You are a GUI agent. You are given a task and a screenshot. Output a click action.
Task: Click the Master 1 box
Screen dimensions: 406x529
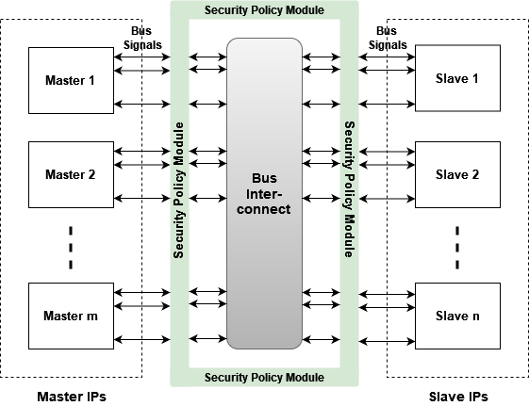click(x=71, y=80)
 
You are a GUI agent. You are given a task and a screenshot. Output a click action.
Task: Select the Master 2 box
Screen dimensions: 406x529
click(x=71, y=174)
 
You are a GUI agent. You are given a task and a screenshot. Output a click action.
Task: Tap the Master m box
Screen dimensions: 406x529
click(x=71, y=316)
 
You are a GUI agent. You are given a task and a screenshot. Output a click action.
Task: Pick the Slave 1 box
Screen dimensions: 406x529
click(x=457, y=79)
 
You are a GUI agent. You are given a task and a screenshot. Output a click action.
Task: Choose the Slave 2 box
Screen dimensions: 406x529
click(x=457, y=174)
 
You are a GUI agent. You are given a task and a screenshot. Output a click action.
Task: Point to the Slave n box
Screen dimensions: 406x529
click(x=457, y=316)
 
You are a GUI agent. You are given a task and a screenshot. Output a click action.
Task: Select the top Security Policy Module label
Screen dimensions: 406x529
click(x=264, y=10)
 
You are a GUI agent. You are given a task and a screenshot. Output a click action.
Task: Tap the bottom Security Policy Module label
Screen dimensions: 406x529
click(x=264, y=378)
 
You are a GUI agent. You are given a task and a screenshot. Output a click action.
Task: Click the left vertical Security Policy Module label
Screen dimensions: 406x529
click(x=179, y=189)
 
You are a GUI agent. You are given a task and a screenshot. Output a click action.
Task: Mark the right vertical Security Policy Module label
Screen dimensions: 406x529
click(x=349, y=189)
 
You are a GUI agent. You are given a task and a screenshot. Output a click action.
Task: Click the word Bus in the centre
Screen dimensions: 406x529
click(x=264, y=178)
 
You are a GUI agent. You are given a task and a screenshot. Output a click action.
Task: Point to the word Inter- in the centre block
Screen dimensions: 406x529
click(x=264, y=194)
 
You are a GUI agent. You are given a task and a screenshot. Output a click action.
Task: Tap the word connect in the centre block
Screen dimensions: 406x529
click(x=264, y=209)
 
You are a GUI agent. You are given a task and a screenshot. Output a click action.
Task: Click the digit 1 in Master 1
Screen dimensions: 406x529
click(x=91, y=80)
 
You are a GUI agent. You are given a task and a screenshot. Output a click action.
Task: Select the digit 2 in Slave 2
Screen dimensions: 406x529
click(x=476, y=174)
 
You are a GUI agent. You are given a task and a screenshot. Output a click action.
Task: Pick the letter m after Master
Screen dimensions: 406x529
click(x=92, y=317)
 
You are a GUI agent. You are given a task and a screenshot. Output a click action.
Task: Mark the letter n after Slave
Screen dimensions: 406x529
click(x=476, y=317)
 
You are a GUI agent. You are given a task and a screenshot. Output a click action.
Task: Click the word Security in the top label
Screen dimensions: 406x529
click(x=226, y=10)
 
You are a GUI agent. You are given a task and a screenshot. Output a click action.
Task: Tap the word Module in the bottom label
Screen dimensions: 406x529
click(x=305, y=378)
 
